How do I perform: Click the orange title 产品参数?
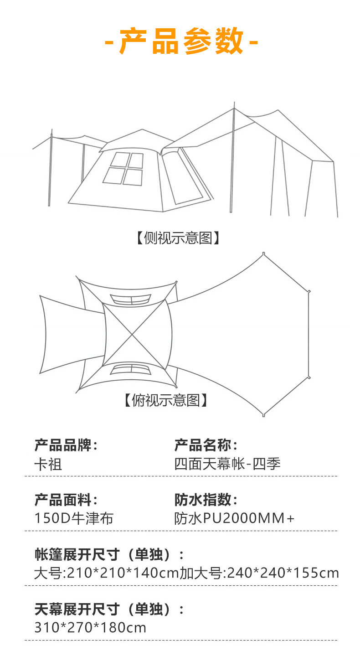click(x=181, y=41)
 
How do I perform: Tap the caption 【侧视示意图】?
click(x=178, y=238)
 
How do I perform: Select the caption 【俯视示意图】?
click(x=166, y=400)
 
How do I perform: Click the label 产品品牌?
click(x=66, y=445)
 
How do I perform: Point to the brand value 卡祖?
click(x=48, y=464)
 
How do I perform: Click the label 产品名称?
click(x=206, y=445)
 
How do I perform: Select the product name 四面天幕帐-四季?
click(x=227, y=464)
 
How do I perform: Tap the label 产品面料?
click(x=66, y=500)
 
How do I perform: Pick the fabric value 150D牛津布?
click(x=74, y=518)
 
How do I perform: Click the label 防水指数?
click(x=206, y=500)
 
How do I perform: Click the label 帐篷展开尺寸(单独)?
click(x=109, y=554)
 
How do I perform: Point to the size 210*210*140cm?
click(x=123, y=573)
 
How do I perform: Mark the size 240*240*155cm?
click(x=283, y=573)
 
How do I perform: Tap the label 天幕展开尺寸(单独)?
click(x=109, y=609)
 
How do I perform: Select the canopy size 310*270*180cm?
click(x=90, y=628)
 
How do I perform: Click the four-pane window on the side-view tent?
click(x=123, y=169)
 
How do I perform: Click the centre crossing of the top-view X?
click(x=132, y=335)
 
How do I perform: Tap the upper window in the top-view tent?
click(x=131, y=300)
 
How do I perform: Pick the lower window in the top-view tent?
click(x=131, y=369)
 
